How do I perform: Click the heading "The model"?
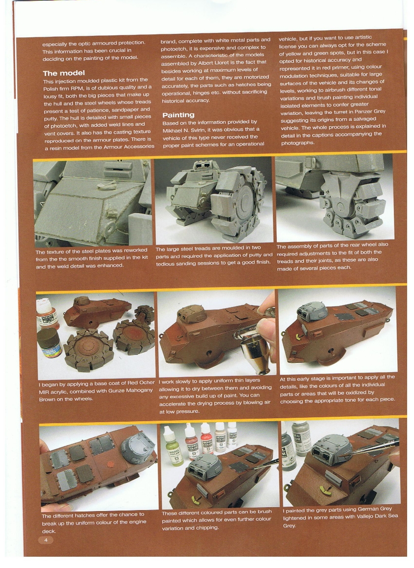click(64, 73)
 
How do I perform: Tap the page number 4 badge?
click(46, 540)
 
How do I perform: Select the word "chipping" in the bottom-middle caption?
click(209, 528)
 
